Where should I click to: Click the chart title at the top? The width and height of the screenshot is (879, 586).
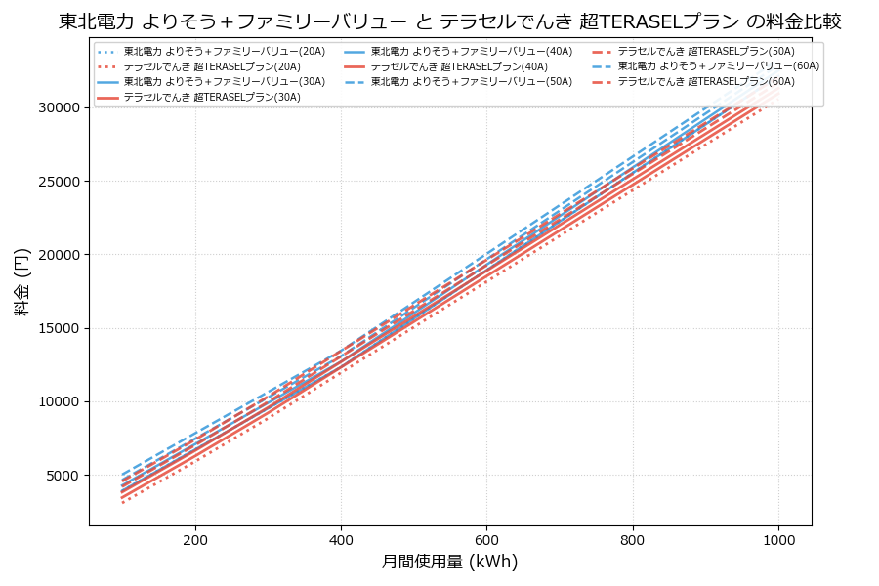pyautogui.click(x=450, y=21)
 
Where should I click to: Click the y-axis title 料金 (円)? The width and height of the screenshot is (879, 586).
pyautogui.click(x=21, y=281)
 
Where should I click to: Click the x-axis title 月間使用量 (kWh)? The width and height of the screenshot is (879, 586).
pyautogui.click(x=450, y=562)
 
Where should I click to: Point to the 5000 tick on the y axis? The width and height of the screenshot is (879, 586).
pyautogui.click(x=61, y=476)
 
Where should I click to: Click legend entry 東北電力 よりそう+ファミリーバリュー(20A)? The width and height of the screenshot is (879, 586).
pyautogui.click(x=225, y=51)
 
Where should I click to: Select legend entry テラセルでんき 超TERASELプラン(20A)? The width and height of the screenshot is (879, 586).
pyautogui.click(x=212, y=66)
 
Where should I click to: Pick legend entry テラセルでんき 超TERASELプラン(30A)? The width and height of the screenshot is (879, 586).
pyautogui.click(x=212, y=98)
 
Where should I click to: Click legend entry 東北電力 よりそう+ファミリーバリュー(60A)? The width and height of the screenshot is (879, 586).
pyautogui.click(x=719, y=66)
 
